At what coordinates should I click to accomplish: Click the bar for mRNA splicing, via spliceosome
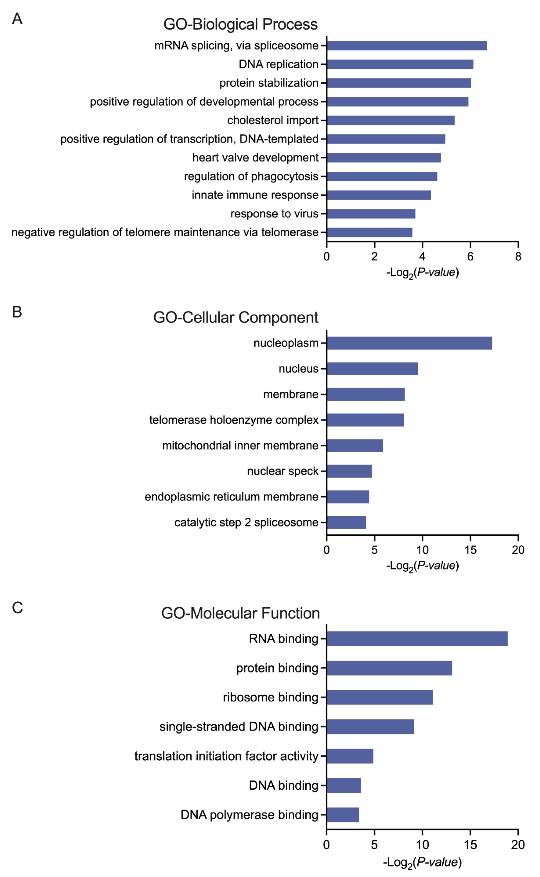[x=407, y=46]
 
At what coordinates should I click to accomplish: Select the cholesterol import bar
[x=390, y=120]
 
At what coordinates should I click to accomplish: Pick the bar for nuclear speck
[x=349, y=471]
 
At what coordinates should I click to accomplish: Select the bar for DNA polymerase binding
[x=343, y=815]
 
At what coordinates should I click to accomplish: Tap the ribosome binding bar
[x=380, y=697]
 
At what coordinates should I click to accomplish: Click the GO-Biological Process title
[x=240, y=24]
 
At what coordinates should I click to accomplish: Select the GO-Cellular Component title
[x=236, y=317]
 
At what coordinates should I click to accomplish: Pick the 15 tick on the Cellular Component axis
[x=470, y=550]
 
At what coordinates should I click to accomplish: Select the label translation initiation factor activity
[x=226, y=756]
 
